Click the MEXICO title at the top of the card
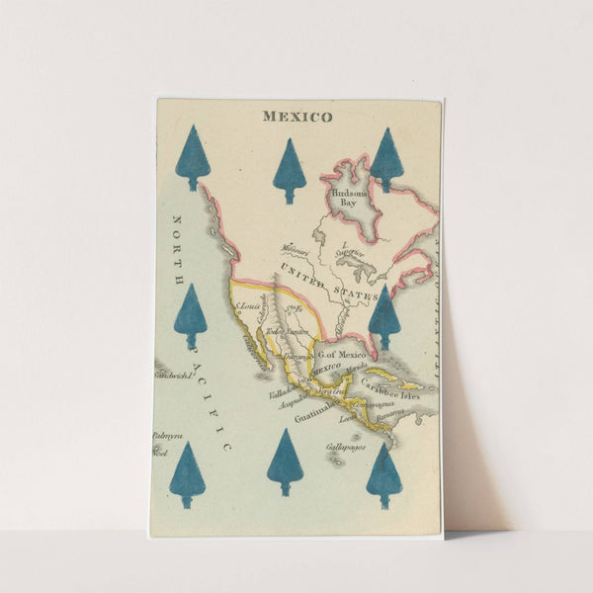pyautogui.click(x=296, y=117)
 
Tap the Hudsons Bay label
pyautogui.click(x=350, y=197)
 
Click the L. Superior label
pyautogui.click(x=351, y=251)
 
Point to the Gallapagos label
pyautogui.click(x=345, y=447)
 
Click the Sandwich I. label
pyautogui.click(x=173, y=377)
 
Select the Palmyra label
pyautogui.click(x=167, y=436)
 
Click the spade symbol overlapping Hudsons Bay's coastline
pyautogui.click(x=385, y=159)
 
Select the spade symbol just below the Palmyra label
pyautogui.click(x=188, y=475)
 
